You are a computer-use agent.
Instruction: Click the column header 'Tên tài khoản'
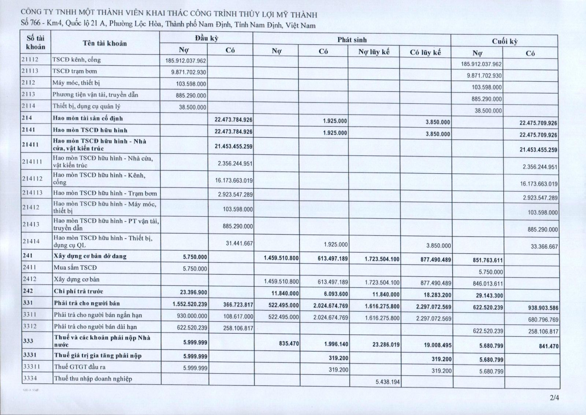click(x=105, y=43)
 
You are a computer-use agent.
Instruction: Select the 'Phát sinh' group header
click(x=352, y=40)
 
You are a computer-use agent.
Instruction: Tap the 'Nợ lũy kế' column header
click(x=374, y=52)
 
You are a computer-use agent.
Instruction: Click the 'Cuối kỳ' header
click(x=504, y=41)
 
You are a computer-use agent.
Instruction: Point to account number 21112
click(x=30, y=59)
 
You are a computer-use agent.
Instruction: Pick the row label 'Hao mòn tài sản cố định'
click(x=88, y=118)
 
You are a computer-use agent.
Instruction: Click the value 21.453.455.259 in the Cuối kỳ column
click(x=538, y=150)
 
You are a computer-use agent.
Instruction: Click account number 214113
click(x=32, y=193)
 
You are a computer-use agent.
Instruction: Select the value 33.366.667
click(x=544, y=247)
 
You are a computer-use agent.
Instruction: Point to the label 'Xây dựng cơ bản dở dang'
click(x=90, y=256)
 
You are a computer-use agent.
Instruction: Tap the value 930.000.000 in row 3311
click(x=192, y=316)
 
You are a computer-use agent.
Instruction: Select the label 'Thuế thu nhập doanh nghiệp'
click(x=93, y=379)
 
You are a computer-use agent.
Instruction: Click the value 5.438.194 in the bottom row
click(x=388, y=382)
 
